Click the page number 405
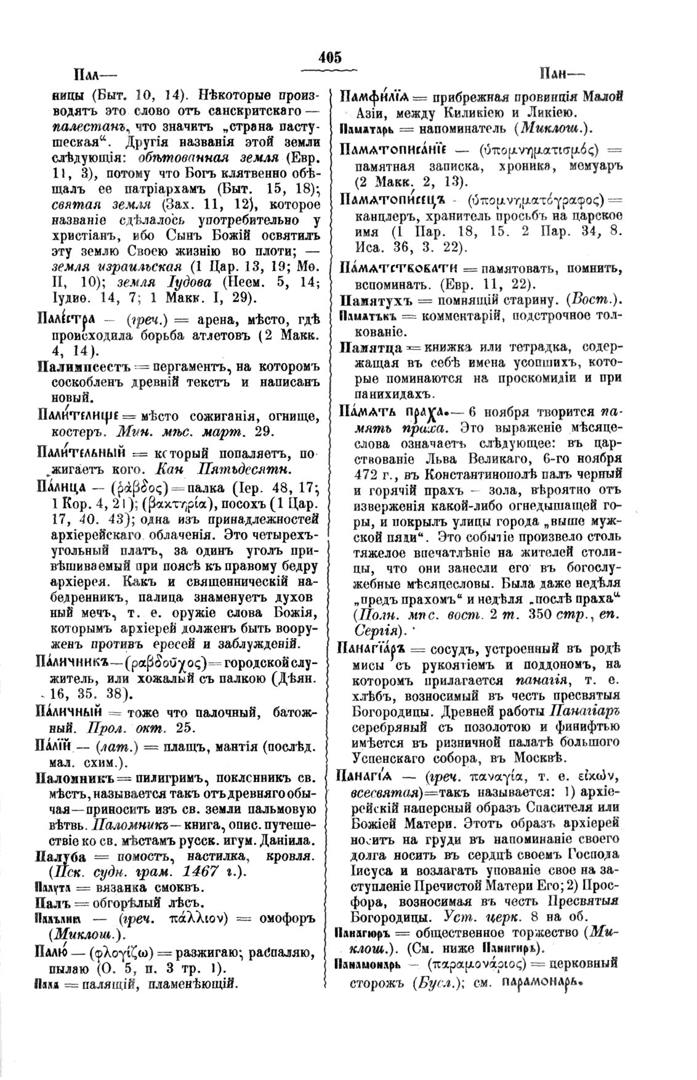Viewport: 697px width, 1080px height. (x=330, y=58)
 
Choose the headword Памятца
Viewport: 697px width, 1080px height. (x=368, y=348)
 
